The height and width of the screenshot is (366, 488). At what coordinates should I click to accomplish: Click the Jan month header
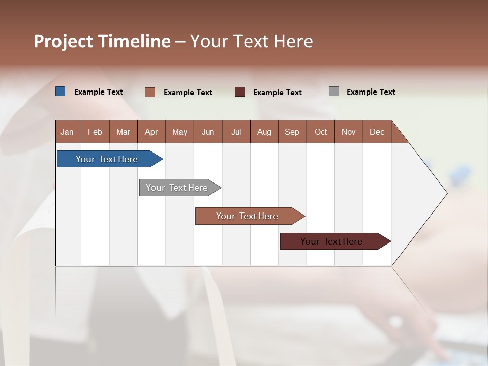point(67,132)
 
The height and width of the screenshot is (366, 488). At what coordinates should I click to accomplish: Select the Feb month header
point(95,132)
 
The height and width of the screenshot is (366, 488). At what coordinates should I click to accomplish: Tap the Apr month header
point(151,132)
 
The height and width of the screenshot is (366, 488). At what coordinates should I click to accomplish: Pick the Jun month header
point(208,132)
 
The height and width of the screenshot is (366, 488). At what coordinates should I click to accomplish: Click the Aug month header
point(264,132)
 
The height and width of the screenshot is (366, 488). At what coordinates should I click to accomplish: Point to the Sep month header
point(292,132)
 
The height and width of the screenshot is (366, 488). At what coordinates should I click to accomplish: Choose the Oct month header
point(321,132)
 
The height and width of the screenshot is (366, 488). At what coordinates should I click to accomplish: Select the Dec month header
point(377,132)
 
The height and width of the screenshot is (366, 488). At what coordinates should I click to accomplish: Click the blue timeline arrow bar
point(107,159)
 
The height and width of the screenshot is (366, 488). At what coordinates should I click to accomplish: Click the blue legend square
point(60,91)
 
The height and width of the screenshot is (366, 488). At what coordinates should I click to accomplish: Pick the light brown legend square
point(150,92)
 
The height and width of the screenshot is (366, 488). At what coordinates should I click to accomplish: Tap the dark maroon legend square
point(240,91)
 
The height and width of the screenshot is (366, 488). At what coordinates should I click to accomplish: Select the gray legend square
point(334,91)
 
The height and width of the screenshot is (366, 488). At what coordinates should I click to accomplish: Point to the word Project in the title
point(63,41)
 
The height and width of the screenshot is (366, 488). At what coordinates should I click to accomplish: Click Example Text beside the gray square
point(371,91)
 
